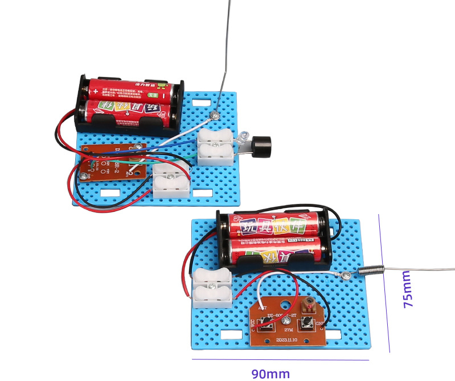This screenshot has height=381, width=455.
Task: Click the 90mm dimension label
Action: coord(270,374)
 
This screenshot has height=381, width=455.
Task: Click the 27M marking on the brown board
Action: coord(288,330)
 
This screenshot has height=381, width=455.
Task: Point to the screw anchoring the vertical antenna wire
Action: coord(215,116)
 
